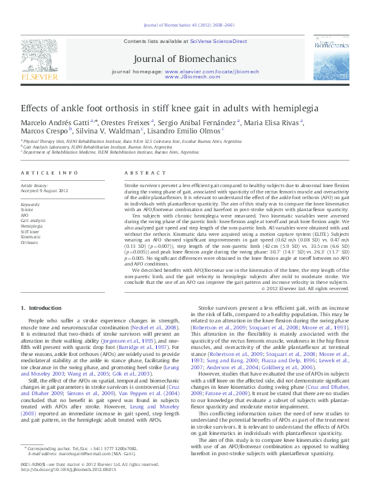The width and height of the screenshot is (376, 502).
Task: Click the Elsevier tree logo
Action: tap(42, 59)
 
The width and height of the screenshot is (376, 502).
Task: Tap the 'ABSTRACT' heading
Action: tap(140, 173)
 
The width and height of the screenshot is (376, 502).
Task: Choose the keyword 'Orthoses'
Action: tap(29, 242)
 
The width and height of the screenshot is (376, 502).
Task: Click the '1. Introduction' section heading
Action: tap(41, 308)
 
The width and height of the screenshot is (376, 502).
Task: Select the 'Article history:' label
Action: tap(34, 185)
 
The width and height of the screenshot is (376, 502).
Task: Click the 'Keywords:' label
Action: tap(31, 205)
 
